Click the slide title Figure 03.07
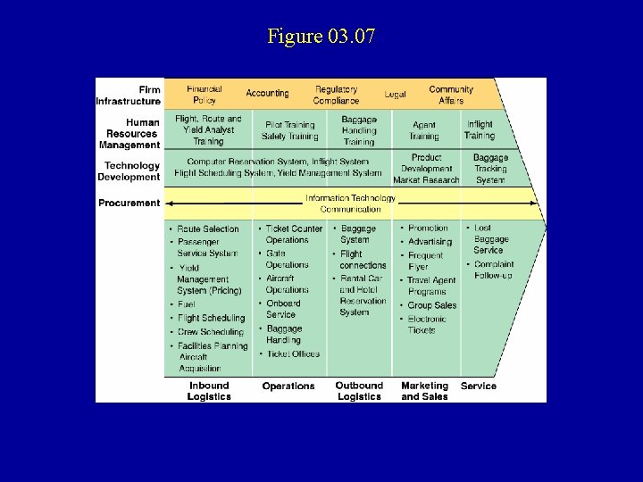pos(321,37)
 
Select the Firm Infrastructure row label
pos(129,96)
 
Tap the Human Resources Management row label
pos(130,133)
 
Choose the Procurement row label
pos(129,203)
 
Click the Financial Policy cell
pos(205,95)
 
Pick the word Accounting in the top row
pos(267,93)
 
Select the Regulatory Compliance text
pos(336,95)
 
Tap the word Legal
pos(395,94)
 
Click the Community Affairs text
pos(451,95)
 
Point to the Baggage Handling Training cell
pos(359,130)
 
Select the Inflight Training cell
pos(480,130)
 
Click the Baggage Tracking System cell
pos(490,169)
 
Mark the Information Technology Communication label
pos(350,204)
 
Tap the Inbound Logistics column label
pos(208,391)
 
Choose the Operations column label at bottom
pos(288,386)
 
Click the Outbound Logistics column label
pos(359,391)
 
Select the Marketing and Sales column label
pos(424,391)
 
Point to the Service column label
pos(479,386)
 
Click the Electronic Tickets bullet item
pos(422,324)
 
